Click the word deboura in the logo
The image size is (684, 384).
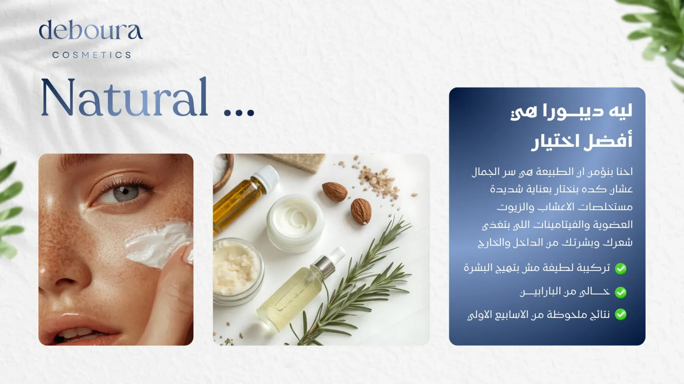coord(91,30)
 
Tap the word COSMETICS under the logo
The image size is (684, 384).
coord(92,55)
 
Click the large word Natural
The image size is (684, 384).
coord(125,97)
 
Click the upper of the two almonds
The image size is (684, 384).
coord(335,192)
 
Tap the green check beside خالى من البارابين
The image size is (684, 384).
coord(621,292)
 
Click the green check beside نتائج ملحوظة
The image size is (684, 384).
coord(621,315)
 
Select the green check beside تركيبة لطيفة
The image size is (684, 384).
coord(621,269)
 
